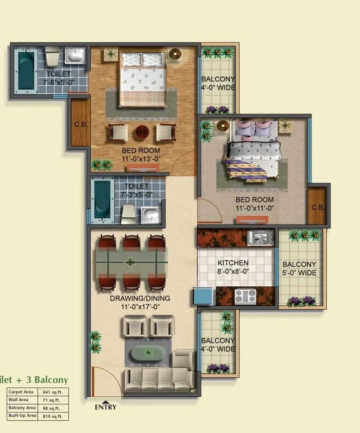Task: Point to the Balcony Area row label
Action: click(22, 408)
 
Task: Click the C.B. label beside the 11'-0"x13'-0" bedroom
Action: click(81, 124)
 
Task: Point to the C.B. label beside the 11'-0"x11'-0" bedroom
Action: click(317, 207)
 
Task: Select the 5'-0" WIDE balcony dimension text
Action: click(299, 273)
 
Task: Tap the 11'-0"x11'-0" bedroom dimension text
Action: click(254, 207)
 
